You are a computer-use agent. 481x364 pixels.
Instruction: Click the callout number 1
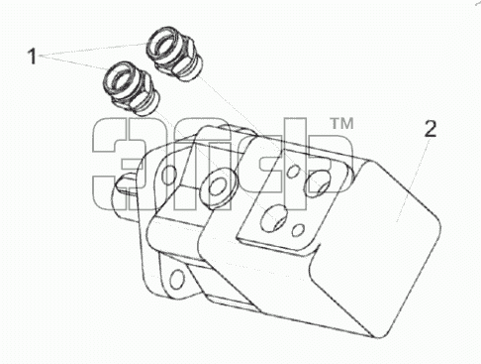click(32, 57)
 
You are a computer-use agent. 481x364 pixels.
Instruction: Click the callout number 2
click(431, 129)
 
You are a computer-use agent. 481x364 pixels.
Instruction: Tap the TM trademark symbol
click(341, 124)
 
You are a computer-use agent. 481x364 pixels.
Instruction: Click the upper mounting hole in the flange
click(169, 175)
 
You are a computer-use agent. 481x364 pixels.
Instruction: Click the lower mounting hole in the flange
click(177, 279)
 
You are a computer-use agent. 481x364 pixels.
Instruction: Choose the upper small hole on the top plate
click(293, 172)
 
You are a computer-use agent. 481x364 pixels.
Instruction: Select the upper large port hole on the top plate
click(318, 182)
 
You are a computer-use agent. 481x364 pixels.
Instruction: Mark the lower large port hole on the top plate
click(273, 217)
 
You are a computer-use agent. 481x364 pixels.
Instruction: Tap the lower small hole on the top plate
click(298, 230)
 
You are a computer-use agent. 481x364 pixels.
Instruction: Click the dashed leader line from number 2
click(413, 181)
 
